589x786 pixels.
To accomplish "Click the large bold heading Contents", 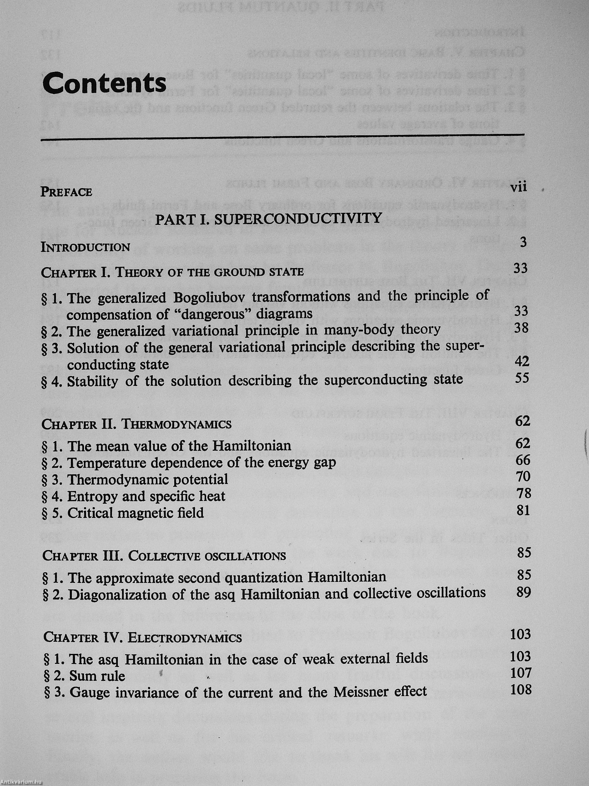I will pyautogui.click(x=104, y=82).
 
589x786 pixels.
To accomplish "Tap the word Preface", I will pyautogui.click(x=66, y=192).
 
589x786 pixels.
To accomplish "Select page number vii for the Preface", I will pyautogui.click(x=518, y=187).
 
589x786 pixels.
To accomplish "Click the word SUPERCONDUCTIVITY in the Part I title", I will pyautogui.click(x=298, y=218).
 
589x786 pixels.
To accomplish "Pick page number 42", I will pyautogui.click(x=522, y=361).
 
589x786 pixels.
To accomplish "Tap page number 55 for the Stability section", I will pyautogui.click(x=522, y=378).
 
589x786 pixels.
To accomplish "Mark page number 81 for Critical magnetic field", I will pyautogui.click(x=523, y=510).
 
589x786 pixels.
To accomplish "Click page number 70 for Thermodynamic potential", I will pyautogui.click(x=523, y=476).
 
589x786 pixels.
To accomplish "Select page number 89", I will pyautogui.click(x=524, y=592).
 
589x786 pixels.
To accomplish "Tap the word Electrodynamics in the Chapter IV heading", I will pyautogui.click(x=185, y=638).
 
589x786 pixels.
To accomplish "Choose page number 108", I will pyautogui.click(x=521, y=690).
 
